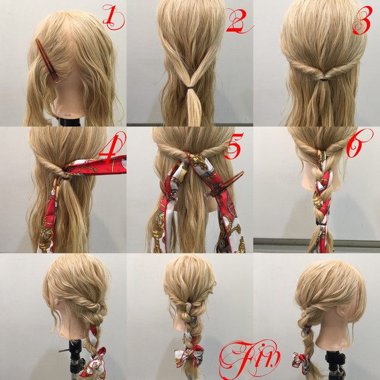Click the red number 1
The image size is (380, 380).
click(x=112, y=17)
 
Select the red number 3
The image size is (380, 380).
click(x=362, y=20)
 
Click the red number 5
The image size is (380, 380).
click(x=233, y=147)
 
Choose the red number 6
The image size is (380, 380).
click(x=358, y=143)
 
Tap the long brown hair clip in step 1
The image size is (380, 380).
click(x=47, y=61)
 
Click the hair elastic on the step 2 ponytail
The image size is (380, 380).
click(x=191, y=87)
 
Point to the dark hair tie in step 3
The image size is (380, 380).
click(x=323, y=79)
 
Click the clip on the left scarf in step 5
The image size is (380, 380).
click(x=167, y=192)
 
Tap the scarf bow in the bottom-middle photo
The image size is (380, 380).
click(x=189, y=356)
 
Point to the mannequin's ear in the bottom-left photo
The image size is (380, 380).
click(x=56, y=301)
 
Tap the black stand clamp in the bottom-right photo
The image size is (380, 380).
click(x=336, y=362)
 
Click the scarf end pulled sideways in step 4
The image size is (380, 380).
click(x=97, y=166)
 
